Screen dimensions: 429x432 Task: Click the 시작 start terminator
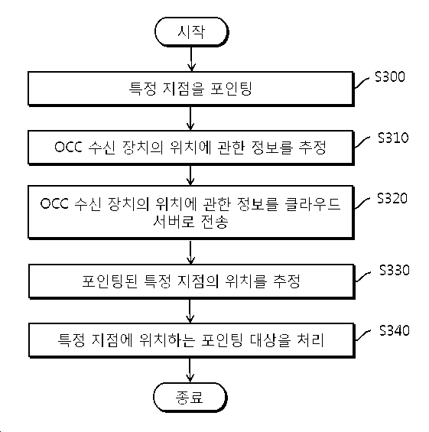pos(191,31)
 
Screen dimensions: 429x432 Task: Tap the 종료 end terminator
pos(190,398)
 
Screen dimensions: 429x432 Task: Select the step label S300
pos(389,76)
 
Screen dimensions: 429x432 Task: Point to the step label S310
pos(393,138)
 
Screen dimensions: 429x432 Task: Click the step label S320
pos(392,198)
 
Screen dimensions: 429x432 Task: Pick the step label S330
pos(395,270)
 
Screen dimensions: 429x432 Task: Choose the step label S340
pos(395,330)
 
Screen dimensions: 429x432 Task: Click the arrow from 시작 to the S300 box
pos(191,59)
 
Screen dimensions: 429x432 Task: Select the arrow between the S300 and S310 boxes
pos(190,119)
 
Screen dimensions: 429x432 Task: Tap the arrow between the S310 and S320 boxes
pos(190,175)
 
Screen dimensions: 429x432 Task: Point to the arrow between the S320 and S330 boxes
pos(190,252)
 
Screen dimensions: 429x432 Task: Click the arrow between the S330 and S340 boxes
pos(190,311)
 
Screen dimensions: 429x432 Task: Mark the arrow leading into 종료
pos(190,370)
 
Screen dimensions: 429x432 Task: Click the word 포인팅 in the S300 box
pos(231,89)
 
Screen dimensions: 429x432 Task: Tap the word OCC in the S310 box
pos(68,147)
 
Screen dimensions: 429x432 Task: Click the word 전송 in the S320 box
pos(215,221)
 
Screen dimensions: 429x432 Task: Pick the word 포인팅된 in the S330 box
pos(109,281)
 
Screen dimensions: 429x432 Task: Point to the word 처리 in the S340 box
pos(310,340)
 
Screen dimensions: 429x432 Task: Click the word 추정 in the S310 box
pos(313,148)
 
